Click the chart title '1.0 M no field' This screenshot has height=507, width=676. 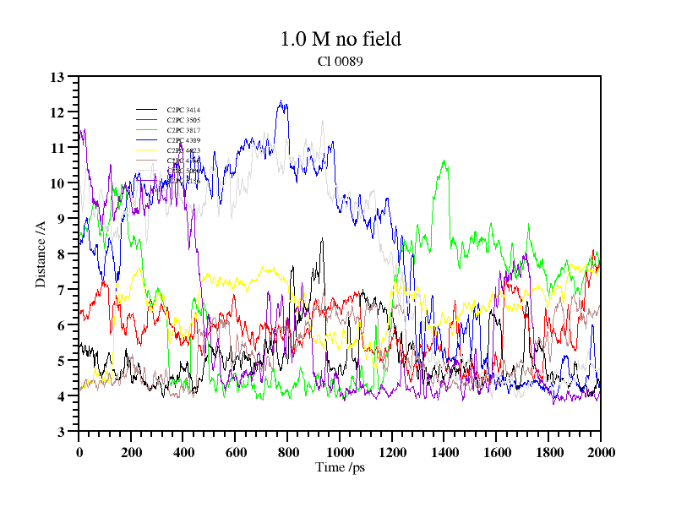[x=341, y=39]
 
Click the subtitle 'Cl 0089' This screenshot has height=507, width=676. [x=341, y=61]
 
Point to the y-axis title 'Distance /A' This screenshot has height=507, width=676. [x=40, y=254]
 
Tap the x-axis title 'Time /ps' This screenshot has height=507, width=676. [x=340, y=467]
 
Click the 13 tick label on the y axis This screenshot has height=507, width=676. [x=57, y=77]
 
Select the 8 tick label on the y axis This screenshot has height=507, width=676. [x=61, y=254]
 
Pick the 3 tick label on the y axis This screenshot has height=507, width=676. [x=61, y=432]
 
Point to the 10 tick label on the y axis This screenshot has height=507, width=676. [x=57, y=183]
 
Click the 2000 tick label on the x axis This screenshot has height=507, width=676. [x=600, y=451]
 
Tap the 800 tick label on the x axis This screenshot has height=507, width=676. [x=287, y=451]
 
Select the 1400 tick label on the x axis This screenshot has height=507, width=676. [x=444, y=451]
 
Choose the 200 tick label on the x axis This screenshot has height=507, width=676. [x=131, y=451]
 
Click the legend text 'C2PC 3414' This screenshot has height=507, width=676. [x=183, y=110]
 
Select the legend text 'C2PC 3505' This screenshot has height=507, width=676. [x=183, y=120]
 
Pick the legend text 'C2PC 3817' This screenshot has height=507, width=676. [x=183, y=130]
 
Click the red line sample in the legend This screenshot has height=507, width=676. [x=147, y=120]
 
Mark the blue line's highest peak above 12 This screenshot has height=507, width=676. [x=281, y=101]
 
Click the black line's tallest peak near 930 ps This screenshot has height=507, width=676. [x=322, y=239]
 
